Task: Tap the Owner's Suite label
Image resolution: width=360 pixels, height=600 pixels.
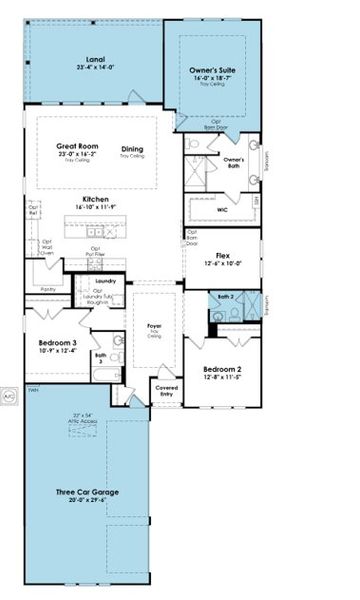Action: [213, 71]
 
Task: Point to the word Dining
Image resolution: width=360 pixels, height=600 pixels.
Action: [132, 150]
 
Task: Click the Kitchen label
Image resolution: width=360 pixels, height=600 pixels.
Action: [96, 200]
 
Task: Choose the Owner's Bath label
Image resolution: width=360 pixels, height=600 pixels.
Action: [234, 161]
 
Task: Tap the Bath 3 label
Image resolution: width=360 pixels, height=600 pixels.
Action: [101, 356]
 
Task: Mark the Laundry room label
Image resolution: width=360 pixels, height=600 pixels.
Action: [107, 282]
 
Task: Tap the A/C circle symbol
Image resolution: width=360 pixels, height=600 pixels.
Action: [8, 392]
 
